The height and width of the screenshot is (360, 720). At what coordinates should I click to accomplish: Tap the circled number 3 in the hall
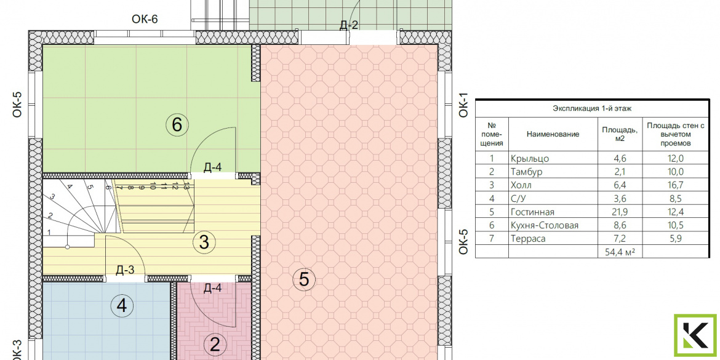click(204, 241)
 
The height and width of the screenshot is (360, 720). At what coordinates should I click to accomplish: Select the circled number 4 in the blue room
click(122, 305)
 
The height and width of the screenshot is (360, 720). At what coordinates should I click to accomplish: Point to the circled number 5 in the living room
click(304, 279)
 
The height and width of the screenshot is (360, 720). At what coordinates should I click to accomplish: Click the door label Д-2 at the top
click(348, 26)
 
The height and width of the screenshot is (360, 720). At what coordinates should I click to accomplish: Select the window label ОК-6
click(145, 19)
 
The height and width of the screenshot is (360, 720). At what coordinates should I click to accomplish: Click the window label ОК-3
click(17, 350)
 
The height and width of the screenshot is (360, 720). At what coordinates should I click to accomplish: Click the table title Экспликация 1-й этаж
click(592, 109)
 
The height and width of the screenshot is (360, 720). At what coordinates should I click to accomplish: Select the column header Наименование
click(553, 134)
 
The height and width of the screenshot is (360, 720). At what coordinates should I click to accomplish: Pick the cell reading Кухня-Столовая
click(544, 225)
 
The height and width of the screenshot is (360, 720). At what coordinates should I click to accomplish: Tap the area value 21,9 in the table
click(620, 212)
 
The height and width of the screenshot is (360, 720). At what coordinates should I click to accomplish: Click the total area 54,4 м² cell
click(620, 252)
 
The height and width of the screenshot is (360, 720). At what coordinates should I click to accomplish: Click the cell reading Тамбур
click(526, 172)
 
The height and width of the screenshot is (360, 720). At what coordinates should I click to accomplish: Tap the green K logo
click(695, 335)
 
